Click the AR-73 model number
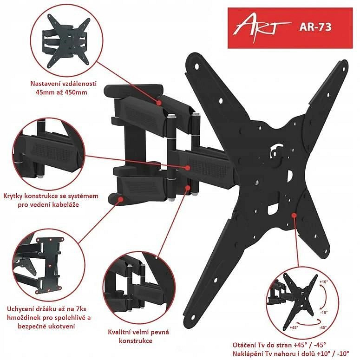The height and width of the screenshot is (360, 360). click(315, 27)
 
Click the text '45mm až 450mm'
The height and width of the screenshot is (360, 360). click(61, 92)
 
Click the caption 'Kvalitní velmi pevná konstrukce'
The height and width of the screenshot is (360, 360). click(138, 336)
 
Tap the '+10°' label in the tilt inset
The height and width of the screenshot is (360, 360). click(323, 281)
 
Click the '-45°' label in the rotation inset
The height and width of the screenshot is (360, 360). click(322, 327)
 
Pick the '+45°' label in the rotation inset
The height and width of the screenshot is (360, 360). click(294, 327)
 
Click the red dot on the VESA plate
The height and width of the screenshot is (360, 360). click(294, 215)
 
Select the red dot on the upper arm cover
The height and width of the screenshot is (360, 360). click(159, 103)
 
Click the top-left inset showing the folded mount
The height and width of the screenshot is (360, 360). click(66, 42)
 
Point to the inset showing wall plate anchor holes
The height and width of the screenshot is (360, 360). click(49, 265)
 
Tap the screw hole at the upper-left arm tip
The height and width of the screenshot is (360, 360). click(197, 66)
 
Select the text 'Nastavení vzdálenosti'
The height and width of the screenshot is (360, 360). click(63, 84)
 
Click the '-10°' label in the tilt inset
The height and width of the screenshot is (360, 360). click(323, 313)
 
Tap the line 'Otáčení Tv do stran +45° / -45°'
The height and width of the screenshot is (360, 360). click(279, 345)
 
